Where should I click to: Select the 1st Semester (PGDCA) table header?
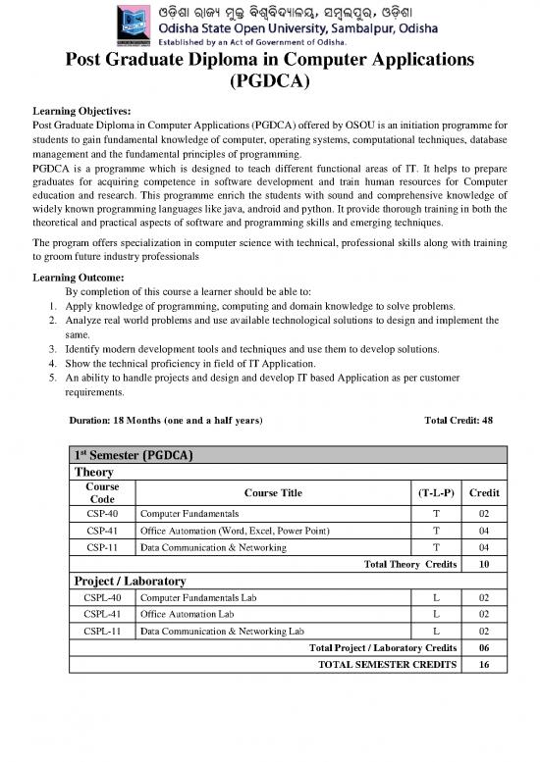(134, 455)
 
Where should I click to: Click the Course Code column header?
(103, 492)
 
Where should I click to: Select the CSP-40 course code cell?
(103, 514)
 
